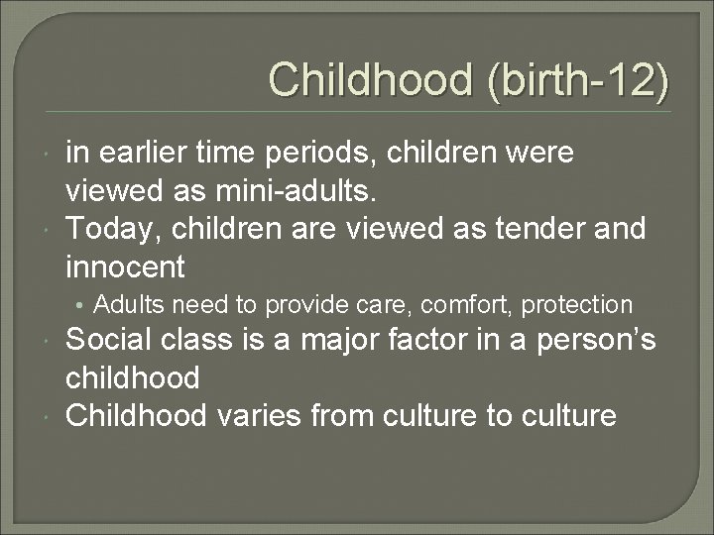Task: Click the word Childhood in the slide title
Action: coord(373,79)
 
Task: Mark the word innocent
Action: coord(125,266)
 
